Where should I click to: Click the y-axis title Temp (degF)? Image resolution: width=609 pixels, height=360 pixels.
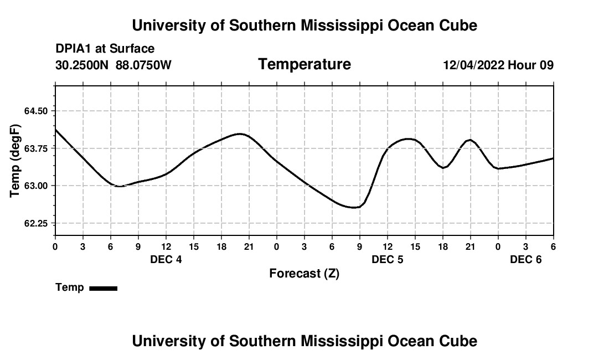(x=16, y=160)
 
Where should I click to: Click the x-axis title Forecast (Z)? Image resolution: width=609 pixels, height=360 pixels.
(x=304, y=273)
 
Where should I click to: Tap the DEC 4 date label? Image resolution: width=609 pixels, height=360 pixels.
(x=166, y=260)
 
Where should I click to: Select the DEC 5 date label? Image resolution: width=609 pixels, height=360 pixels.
(x=387, y=260)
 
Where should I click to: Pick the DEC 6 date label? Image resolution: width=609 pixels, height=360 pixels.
(x=525, y=260)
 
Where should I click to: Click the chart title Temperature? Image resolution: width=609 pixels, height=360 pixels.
(x=304, y=64)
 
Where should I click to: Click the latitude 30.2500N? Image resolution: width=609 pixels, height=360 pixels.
(x=82, y=65)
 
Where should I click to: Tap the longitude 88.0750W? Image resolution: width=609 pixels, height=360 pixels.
(x=143, y=65)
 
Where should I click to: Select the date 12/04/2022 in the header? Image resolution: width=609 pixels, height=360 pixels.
(x=473, y=65)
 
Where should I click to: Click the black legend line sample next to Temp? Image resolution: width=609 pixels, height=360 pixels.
(x=103, y=288)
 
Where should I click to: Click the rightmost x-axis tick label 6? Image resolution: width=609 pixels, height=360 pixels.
(x=553, y=246)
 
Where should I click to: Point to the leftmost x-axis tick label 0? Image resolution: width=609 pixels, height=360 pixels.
(x=55, y=246)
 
